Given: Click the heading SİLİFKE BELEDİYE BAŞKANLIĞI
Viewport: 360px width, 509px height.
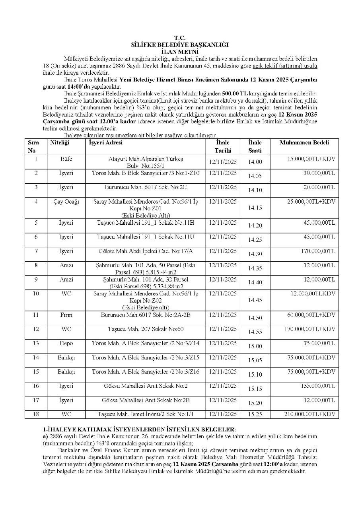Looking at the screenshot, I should [180, 45].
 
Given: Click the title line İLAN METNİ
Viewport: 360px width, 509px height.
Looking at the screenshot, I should [180, 51].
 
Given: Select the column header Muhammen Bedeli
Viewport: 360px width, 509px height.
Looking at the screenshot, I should [304, 142].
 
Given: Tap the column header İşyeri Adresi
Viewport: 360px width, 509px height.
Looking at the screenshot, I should [105, 142].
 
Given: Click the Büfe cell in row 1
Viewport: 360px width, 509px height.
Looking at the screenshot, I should [66, 159].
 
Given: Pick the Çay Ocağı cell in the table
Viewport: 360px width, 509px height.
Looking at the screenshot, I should [66, 201].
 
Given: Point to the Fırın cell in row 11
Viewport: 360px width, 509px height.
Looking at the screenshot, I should [66, 315].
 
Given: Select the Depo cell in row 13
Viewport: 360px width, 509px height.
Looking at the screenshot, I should [66, 343].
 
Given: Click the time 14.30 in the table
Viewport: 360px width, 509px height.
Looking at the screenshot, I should [255, 254].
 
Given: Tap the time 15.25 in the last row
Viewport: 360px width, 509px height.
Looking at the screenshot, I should [255, 415].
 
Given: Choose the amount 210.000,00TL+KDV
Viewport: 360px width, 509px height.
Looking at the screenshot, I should [309, 414].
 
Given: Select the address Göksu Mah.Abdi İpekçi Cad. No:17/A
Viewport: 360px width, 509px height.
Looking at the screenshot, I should [145, 251].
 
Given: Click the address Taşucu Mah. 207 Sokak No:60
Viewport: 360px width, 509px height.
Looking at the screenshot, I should [145, 329].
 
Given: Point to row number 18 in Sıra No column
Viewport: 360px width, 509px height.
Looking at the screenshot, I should [36, 414].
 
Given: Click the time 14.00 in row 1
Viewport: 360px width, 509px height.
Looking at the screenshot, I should [255, 162].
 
